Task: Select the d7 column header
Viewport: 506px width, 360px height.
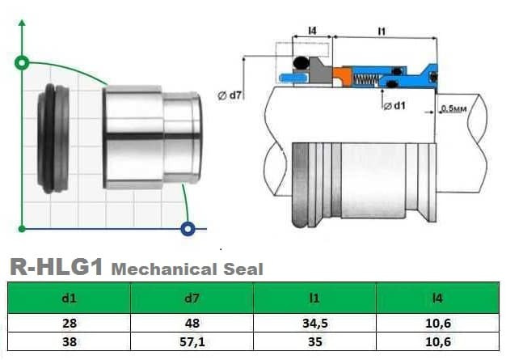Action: click(192, 298)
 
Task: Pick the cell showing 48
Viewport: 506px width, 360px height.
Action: click(192, 324)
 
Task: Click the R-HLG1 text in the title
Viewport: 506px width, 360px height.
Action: click(55, 267)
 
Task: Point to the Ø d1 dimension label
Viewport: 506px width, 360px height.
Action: click(394, 105)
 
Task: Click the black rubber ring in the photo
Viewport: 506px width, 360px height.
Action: click(53, 138)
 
